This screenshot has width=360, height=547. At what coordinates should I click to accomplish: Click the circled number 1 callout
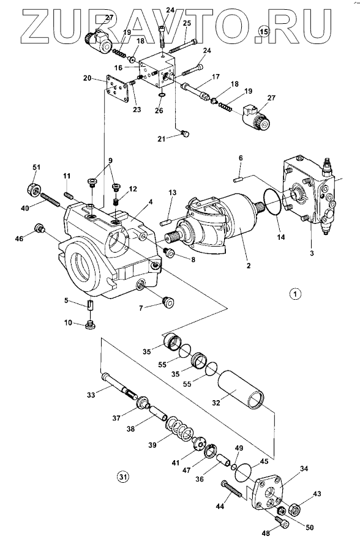click(295, 294)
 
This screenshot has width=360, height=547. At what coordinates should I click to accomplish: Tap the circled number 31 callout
click(122, 475)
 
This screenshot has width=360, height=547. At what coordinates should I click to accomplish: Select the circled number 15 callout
click(264, 32)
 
